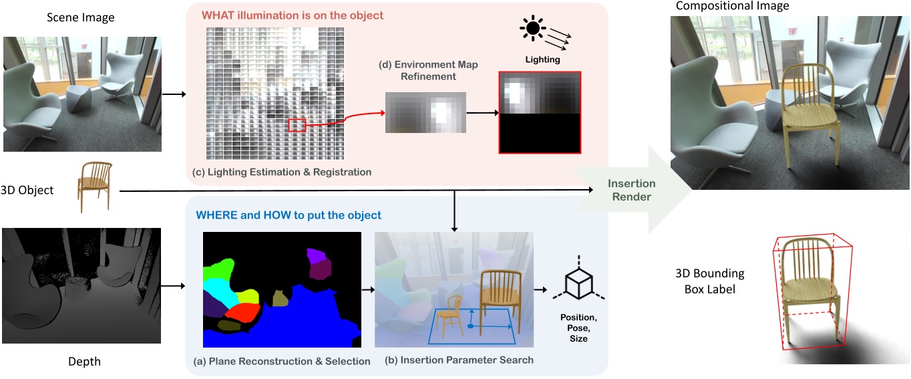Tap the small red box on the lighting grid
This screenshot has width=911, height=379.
pos(297,125)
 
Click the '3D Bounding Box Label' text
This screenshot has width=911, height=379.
pos(709,281)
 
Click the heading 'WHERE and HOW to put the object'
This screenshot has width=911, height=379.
pos(289,215)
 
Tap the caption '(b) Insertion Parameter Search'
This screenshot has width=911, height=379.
pos(459,360)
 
